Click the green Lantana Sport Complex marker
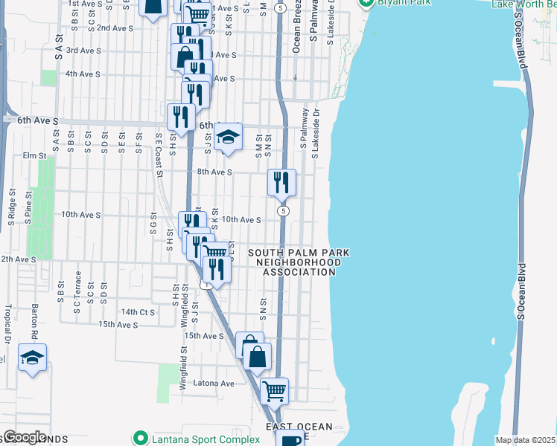138,439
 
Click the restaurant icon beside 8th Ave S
282,182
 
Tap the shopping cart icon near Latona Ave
275,390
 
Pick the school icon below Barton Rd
32,358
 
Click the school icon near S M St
228,138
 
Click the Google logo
24,438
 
